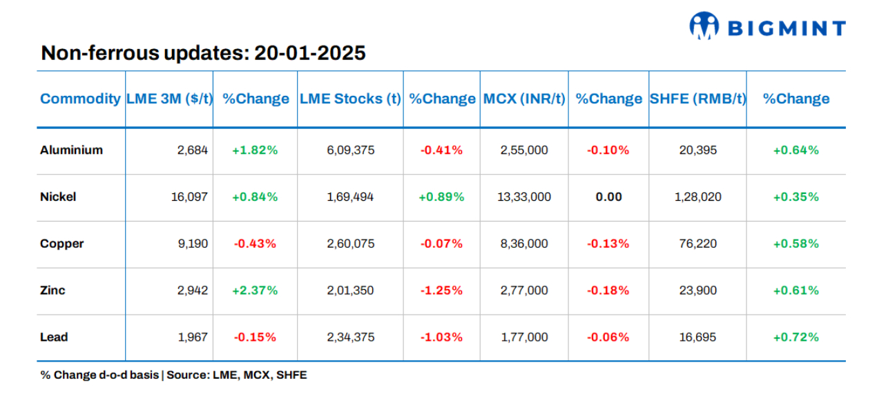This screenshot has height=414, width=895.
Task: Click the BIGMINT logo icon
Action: click(704, 26)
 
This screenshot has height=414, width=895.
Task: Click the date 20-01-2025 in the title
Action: click(310, 53)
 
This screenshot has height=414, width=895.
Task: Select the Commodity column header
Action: click(80, 99)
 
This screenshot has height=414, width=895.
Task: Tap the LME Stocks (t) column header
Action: click(350, 99)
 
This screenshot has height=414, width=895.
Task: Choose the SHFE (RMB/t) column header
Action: click(698, 99)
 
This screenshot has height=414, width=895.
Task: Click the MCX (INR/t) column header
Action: click(524, 99)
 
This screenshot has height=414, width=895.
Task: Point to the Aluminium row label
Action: click(71, 150)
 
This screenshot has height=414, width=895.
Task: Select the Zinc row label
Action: click(52, 290)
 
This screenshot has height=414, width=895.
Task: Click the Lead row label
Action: click(54, 337)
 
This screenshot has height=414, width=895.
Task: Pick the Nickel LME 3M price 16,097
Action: click(189, 197)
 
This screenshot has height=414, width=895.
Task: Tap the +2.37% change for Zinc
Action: click(255, 290)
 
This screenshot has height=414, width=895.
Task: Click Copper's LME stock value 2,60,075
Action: click(350, 244)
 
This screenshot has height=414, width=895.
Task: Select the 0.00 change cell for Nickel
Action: click(608, 197)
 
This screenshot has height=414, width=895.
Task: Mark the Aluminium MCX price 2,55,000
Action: click(524, 150)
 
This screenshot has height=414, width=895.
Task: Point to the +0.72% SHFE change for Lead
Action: click(796, 337)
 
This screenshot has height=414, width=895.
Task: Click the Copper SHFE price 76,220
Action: click(698, 244)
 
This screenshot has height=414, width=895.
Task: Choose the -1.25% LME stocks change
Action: click(441, 290)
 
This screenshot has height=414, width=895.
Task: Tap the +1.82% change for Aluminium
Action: click(255, 150)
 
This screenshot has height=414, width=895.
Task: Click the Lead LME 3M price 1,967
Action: click(193, 337)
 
